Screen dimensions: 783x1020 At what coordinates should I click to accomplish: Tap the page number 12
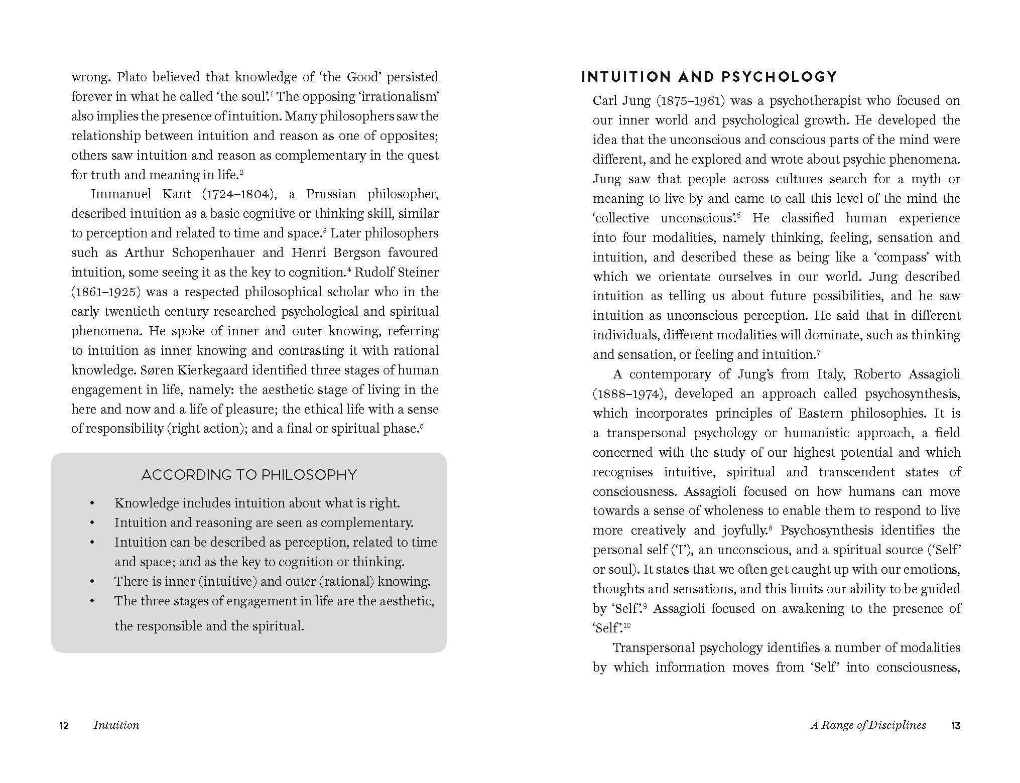click(64, 725)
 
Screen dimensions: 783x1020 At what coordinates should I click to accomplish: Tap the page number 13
click(955, 725)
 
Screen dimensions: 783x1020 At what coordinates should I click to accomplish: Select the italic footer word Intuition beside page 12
click(116, 725)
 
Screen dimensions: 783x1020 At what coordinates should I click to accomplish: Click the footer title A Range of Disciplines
click(868, 725)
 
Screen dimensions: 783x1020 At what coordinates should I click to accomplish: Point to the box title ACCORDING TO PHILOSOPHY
click(249, 475)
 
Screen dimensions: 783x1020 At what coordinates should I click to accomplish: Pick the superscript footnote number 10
click(627, 625)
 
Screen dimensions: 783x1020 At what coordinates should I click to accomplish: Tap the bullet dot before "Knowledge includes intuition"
click(92, 503)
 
